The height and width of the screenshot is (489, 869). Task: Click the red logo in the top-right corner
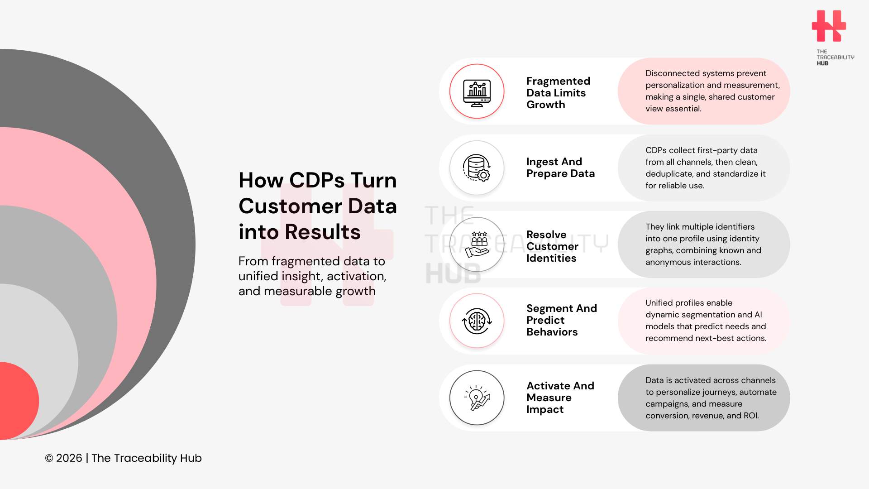(x=828, y=26)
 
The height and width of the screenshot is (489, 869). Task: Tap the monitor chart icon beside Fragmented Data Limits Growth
(x=477, y=92)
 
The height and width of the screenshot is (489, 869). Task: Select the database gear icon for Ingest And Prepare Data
(x=477, y=168)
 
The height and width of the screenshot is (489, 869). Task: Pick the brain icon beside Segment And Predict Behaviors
(x=477, y=321)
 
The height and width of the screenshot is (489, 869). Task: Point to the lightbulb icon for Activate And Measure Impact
(x=477, y=398)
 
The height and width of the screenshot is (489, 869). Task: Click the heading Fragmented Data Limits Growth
(x=558, y=93)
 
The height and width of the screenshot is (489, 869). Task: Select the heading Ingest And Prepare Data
(x=560, y=168)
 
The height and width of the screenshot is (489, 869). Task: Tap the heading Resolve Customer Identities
(x=552, y=246)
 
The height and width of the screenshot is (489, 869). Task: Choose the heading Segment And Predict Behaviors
(x=561, y=320)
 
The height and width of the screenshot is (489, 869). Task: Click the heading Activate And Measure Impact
(x=560, y=398)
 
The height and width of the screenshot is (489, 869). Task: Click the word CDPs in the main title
(x=316, y=180)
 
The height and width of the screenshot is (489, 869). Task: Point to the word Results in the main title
(x=322, y=232)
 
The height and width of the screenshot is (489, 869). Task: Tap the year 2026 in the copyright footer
(x=69, y=458)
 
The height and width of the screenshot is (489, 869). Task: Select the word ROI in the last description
(x=750, y=416)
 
